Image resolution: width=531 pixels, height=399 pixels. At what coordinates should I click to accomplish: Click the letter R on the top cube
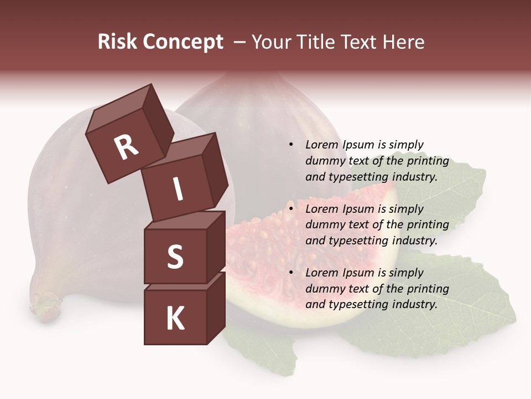(x=126, y=147)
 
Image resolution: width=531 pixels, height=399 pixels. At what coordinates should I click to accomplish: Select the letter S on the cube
(x=175, y=257)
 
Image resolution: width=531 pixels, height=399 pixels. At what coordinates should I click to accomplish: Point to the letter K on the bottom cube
(x=175, y=318)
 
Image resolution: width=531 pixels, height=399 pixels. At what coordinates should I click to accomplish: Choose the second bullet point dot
(x=291, y=209)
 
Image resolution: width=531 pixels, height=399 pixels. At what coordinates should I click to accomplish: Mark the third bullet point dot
(x=291, y=273)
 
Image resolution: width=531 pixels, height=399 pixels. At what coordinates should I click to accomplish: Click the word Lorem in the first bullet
(x=321, y=145)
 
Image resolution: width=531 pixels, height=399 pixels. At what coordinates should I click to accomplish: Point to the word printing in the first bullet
(x=428, y=161)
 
